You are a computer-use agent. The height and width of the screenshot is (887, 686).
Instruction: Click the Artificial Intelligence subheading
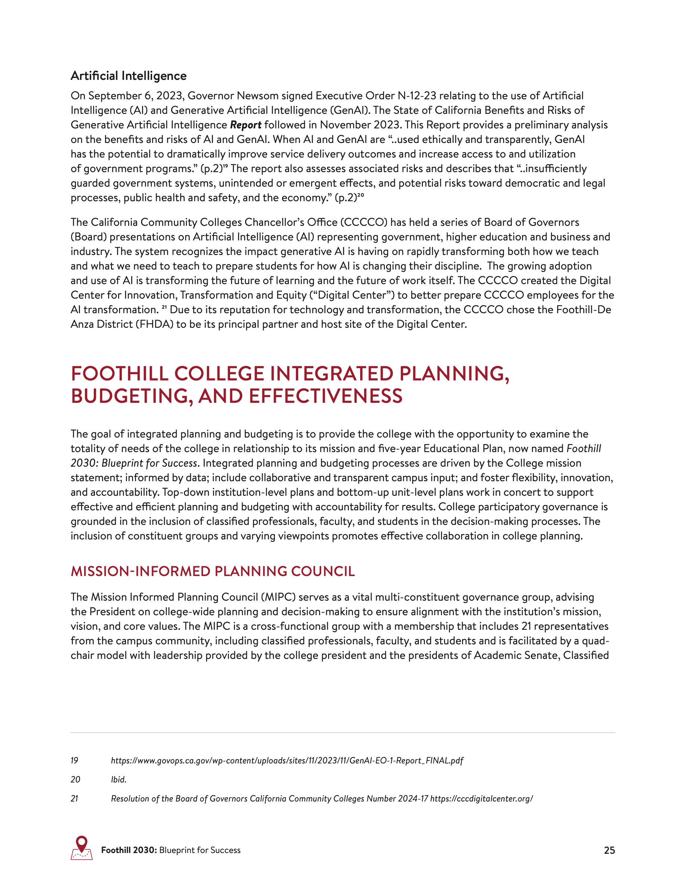point(129,76)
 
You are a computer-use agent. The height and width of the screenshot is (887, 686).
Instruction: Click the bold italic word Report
point(245,125)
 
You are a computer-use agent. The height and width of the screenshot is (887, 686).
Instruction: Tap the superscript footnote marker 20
point(361,195)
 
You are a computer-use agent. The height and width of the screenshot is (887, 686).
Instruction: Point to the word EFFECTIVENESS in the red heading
point(325,396)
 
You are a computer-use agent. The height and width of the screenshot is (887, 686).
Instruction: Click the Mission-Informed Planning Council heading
point(213,571)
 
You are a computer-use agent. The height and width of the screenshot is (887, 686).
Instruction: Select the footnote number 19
point(74,760)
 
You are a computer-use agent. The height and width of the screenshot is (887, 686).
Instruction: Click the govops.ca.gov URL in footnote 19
point(287,760)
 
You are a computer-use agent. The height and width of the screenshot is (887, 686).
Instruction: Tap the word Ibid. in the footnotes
point(119,779)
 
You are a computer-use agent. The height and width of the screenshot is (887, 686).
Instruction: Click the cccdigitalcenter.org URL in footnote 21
point(481,799)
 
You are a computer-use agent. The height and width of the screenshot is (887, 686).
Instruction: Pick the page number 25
point(609,850)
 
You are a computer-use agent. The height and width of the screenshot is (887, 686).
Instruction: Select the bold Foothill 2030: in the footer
point(129,850)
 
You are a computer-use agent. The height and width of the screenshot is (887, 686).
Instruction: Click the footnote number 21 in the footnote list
point(74,799)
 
